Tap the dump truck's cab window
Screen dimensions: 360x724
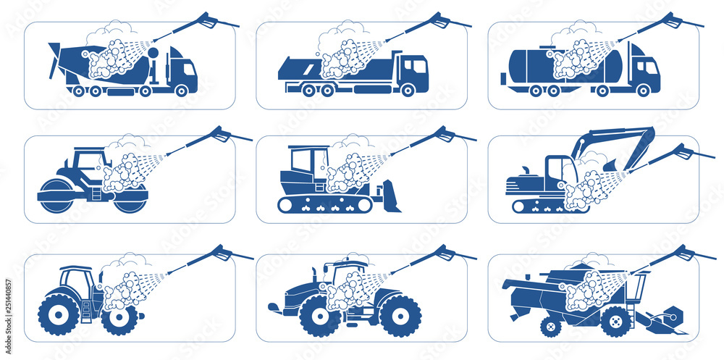click(x=414, y=66)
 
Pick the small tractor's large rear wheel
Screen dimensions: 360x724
click(x=59, y=314)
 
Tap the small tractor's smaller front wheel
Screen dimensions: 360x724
click(x=119, y=318)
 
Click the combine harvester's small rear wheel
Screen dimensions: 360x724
click(x=550, y=327)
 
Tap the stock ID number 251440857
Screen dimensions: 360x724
click(x=8, y=304)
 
